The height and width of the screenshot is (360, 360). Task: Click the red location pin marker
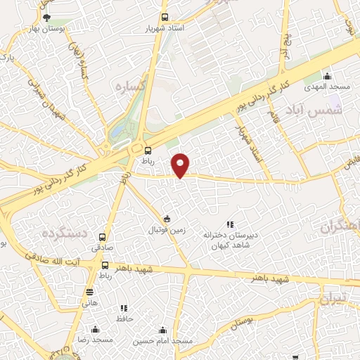pos(181,165)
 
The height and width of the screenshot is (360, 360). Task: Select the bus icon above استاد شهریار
pos(165,18)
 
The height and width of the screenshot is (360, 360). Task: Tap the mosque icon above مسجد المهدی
pos(326,77)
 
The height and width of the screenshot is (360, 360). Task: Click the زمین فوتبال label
pos(167,230)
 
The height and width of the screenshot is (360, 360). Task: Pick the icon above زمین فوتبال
pos(166,218)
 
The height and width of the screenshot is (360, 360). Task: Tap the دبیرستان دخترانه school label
pos(231,235)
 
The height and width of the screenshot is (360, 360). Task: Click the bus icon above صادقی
pos(103,237)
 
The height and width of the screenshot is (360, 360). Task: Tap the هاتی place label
pos(89,303)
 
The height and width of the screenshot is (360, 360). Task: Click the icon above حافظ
pos(124,307)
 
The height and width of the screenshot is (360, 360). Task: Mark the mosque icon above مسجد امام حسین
pos(163,329)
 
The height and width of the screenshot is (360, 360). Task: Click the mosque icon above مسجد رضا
pos(95,328)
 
